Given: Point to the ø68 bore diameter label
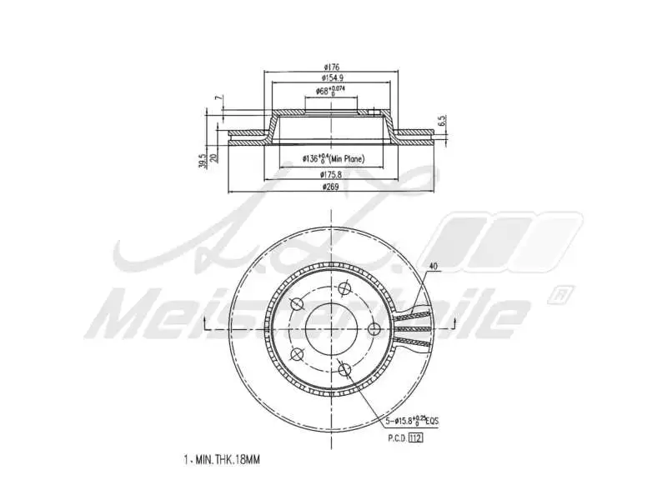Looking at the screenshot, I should (331, 90).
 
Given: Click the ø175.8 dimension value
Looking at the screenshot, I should (331, 175).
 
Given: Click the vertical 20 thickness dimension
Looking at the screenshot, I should (214, 157).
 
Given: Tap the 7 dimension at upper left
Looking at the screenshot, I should (214, 98).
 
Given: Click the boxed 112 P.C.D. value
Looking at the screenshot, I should (416, 437).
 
